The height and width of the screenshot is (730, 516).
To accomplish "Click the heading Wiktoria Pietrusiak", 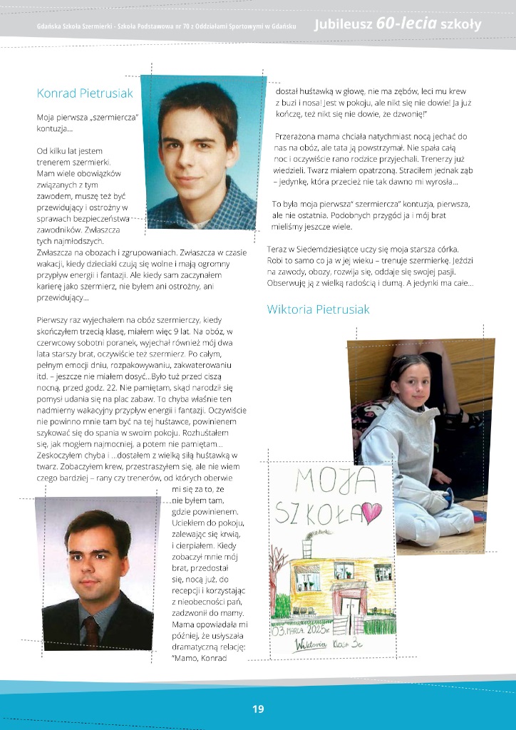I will [x=318, y=309].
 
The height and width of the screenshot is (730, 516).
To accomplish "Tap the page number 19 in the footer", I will [x=258, y=709].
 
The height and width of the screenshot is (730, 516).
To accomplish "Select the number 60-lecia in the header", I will [x=407, y=24].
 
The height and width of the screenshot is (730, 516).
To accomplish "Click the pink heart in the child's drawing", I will [x=371, y=511].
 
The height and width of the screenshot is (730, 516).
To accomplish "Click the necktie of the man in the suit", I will [x=91, y=630].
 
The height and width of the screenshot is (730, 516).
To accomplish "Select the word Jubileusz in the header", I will [x=344, y=25].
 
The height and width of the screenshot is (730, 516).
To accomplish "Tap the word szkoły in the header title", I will [x=461, y=25].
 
